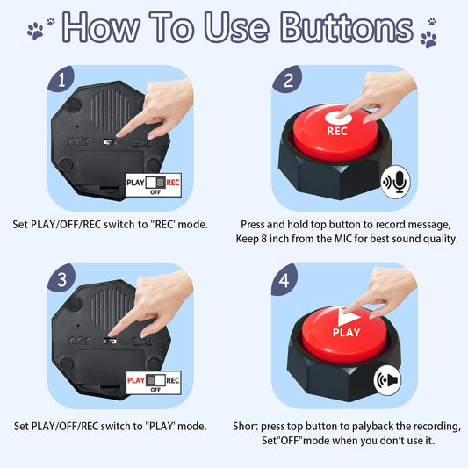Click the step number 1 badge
coord(61,79)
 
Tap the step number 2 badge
coord(287,80)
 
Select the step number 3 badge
coord(61,279)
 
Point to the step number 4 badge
coord(284,280)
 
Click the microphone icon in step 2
coord(396,182)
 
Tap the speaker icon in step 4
coord(388,380)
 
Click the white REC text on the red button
coord(337,131)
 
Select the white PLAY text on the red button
coord(347,332)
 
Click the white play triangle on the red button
coord(347,317)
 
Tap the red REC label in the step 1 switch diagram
coord(173,183)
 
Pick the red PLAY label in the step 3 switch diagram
coord(136,380)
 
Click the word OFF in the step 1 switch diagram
coord(155,192)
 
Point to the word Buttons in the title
coord(347,28)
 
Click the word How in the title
coord(101,27)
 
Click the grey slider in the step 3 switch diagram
coord(151,380)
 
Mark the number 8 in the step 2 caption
coord(263,239)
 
